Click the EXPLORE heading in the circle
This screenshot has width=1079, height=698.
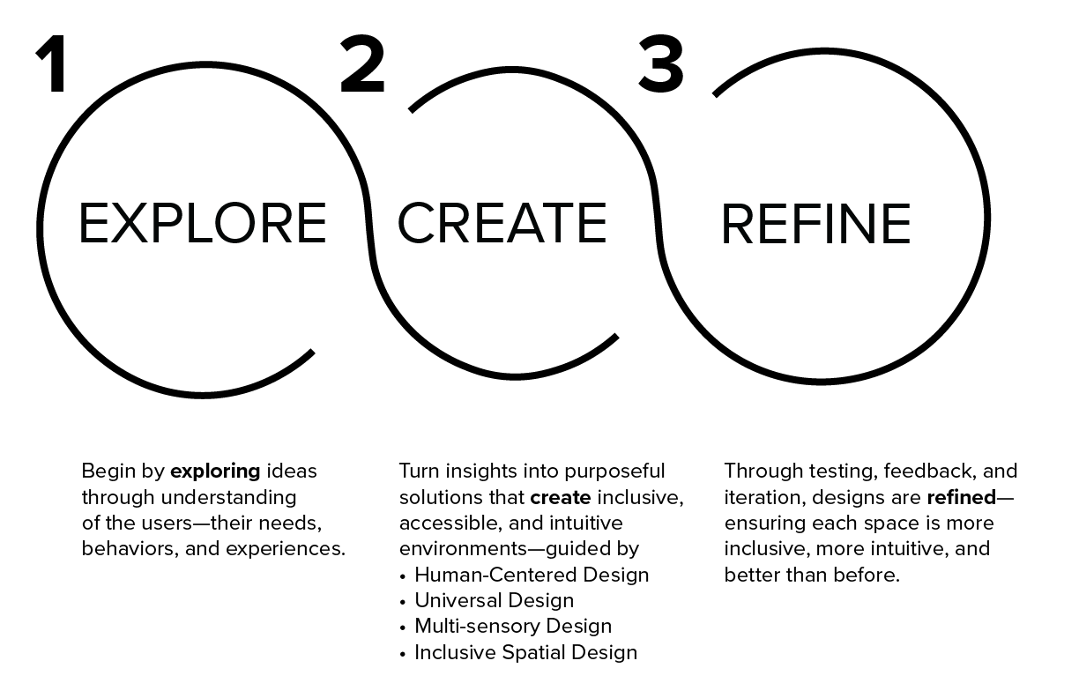coord(202,224)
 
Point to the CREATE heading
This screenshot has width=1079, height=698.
coord(502,223)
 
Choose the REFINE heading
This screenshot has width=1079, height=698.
coord(815,225)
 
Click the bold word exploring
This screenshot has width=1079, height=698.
coord(215,472)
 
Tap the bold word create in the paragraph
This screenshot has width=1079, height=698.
coord(560,497)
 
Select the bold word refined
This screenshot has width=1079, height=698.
coord(961,497)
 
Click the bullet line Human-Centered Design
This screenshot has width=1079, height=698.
coord(532,575)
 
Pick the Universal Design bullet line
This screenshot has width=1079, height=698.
coord(494,601)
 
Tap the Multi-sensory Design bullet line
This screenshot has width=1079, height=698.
coord(512,627)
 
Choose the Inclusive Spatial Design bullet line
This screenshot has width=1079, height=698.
coord(525,653)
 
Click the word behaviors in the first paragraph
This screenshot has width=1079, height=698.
coord(123,549)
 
